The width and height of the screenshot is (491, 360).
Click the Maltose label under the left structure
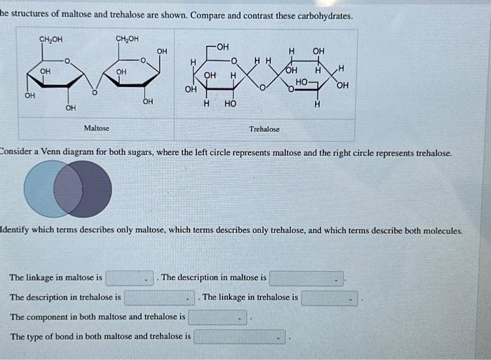[96, 128]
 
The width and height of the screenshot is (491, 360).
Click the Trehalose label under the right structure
[264, 129]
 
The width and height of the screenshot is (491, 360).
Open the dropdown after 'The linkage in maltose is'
[130, 279]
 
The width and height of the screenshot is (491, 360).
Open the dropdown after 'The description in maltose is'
[307, 279]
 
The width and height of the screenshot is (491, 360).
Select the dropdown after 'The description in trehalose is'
[159, 298]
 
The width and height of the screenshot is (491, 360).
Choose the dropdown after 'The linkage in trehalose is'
[330, 298]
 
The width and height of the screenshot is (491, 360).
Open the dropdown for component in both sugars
[217, 317]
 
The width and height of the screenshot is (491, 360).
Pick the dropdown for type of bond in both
[240, 337]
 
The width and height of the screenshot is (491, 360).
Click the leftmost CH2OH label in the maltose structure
[51, 39]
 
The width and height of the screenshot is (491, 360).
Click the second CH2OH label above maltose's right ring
[127, 39]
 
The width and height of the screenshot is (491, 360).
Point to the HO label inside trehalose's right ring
[302, 83]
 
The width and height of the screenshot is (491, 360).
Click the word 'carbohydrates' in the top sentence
[323, 15]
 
